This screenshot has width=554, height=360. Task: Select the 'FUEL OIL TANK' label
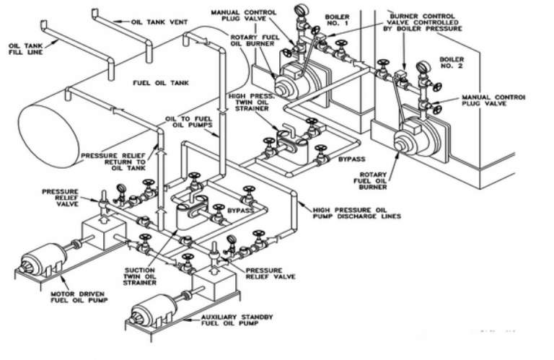tap(160, 83)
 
